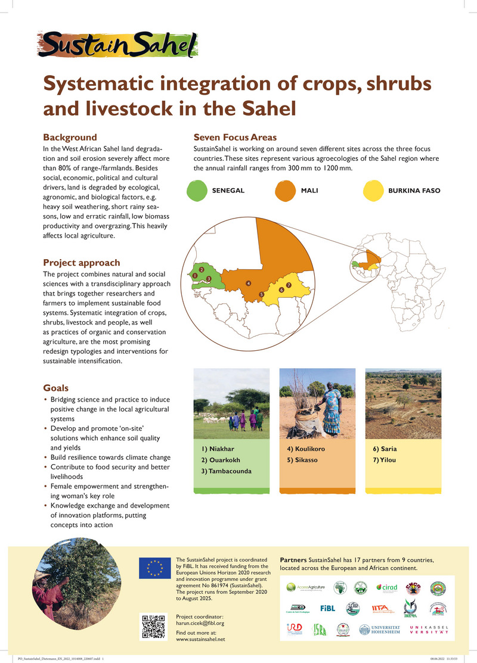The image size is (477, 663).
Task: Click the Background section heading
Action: pyautogui.click(x=70, y=137)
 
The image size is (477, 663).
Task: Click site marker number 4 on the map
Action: pyautogui.click(x=247, y=282)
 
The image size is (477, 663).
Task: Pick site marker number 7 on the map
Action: pyautogui.click(x=288, y=285)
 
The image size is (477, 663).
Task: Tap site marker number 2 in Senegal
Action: pyautogui.click(x=202, y=270)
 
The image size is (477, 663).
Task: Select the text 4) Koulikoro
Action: pyautogui.click(x=306, y=449)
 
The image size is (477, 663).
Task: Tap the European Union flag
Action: pyautogui.click(x=154, y=568)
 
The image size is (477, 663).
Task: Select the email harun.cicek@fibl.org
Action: pyautogui.click(x=200, y=623)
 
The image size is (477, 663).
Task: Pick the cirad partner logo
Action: pyautogui.click(x=387, y=587)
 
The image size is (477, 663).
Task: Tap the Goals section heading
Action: pyautogui.click(x=56, y=387)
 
